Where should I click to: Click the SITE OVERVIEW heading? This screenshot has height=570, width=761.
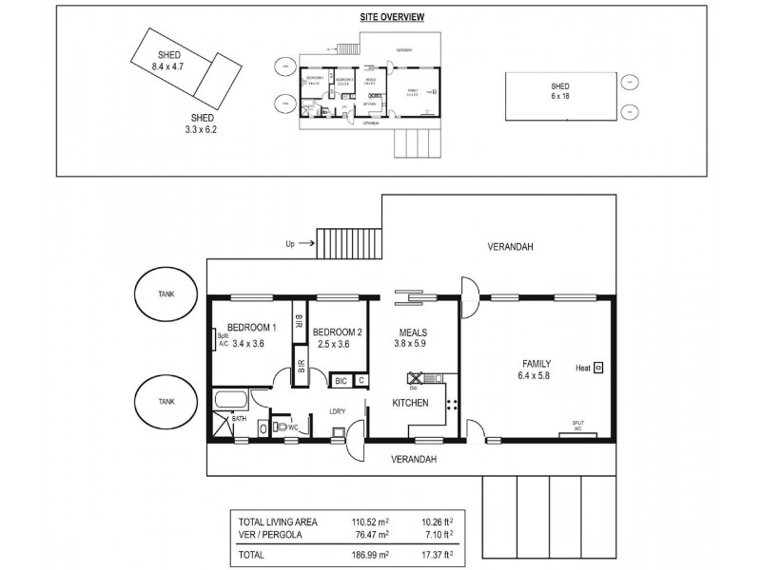tap(392, 17)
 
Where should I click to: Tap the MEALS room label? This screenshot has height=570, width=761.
tap(413, 333)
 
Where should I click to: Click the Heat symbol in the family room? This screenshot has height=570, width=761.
tap(599, 367)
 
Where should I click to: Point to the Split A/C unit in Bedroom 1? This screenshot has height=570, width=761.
tap(216, 340)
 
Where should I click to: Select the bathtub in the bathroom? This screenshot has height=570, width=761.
tap(233, 398)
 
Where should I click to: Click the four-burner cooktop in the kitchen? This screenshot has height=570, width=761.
tap(452, 404)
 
